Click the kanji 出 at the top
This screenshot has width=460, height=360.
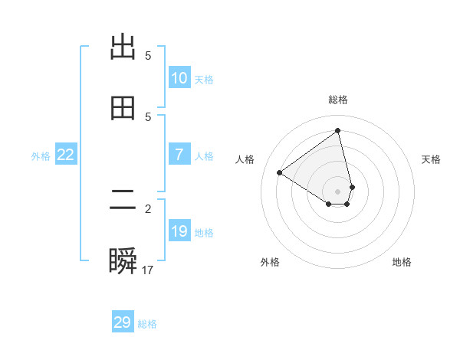[123, 47]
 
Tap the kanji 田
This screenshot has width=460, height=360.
[123, 109]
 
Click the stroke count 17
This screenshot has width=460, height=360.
[148, 270]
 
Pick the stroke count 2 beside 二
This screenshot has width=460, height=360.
[148, 208]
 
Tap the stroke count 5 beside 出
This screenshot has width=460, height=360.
[148, 55]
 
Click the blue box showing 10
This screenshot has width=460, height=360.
[179, 78]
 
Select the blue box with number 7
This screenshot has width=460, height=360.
[179, 155]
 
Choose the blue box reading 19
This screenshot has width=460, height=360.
[179, 231]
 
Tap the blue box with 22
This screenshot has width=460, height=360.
[66, 155]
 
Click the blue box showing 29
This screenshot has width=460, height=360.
[123, 322]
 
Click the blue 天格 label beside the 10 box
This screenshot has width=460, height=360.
[204, 79]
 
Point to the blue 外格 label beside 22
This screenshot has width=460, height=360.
[41, 155]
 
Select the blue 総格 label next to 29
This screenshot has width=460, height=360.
[147, 324]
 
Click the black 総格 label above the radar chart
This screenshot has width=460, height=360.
[338, 100]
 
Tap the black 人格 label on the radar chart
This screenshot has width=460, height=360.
[245, 159]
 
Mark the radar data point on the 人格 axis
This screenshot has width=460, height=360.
[280, 172]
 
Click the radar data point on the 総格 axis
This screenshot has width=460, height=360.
[338, 131]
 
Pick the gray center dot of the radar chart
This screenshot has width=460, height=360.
[338, 191]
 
